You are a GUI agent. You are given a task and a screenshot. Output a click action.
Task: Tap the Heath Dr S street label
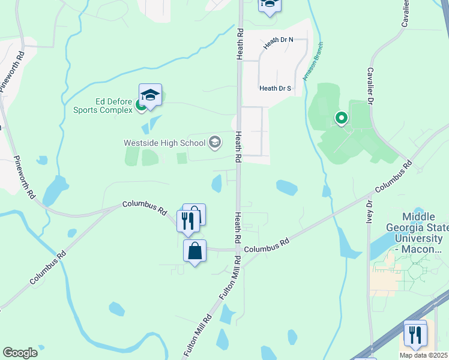pos(275,88)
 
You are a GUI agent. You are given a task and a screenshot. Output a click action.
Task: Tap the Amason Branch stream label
pos(312,62)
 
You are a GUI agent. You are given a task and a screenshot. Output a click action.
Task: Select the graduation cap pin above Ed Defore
pos(150,95)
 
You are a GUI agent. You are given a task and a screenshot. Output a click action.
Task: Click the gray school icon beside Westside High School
pos(214,143)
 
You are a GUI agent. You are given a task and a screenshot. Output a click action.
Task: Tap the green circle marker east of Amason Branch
pos(341,118)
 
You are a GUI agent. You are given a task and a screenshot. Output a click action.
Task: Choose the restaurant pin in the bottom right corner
pos(415,334)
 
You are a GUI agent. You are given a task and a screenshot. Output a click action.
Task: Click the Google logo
pos(20,353)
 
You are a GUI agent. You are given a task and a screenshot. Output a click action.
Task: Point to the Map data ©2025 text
pos(423,355)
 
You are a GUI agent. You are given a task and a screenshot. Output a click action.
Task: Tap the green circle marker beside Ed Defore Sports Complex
pos(140,106)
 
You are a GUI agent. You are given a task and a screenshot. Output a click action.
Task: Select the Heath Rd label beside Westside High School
pos(238,147)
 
